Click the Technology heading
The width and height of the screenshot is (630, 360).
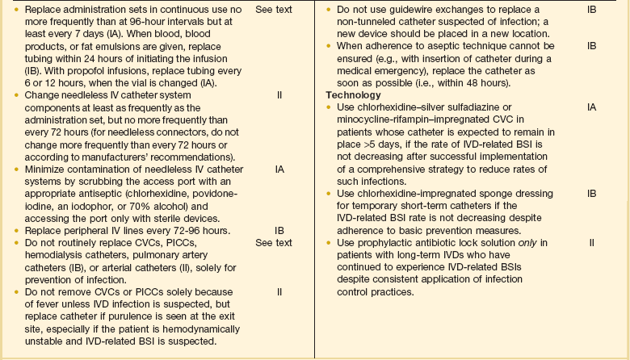click(x=353, y=95)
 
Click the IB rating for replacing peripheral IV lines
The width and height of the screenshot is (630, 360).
click(x=280, y=230)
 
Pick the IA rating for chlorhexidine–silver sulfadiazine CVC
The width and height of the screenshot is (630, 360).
click(x=592, y=106)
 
